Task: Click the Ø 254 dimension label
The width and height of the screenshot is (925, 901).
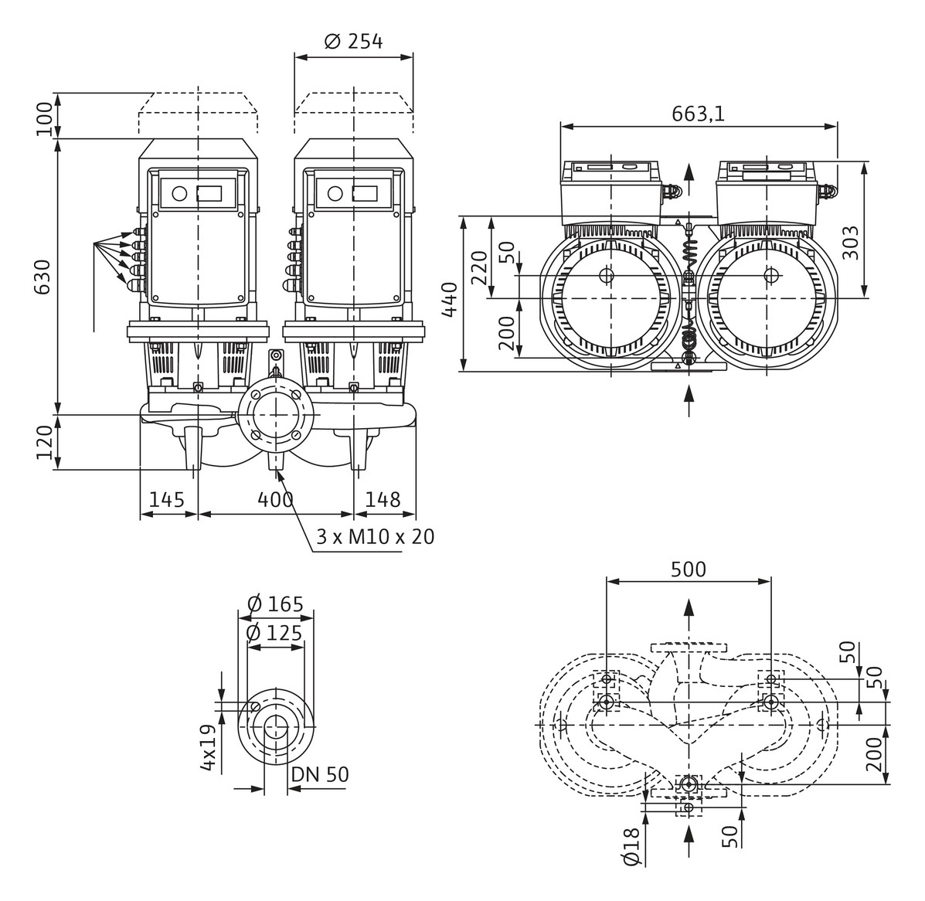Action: tap(353, 41)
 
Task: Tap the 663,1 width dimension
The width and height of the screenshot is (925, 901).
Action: tap(698, 114)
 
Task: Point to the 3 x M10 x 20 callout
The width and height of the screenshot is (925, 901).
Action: tap(375, 536)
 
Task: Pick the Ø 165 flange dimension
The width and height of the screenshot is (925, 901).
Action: tap(275, 603)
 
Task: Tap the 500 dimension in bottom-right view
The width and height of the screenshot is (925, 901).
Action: tap(688, 569)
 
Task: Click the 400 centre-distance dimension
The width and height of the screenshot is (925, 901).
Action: tap(276, 500)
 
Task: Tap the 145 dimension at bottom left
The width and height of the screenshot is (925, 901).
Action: tap(167, 500)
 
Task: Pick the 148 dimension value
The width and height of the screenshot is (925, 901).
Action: tap(383, 500)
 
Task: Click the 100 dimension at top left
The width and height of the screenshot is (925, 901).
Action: tap(44, 117)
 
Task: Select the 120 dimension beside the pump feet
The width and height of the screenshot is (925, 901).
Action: tap(44, 441)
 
